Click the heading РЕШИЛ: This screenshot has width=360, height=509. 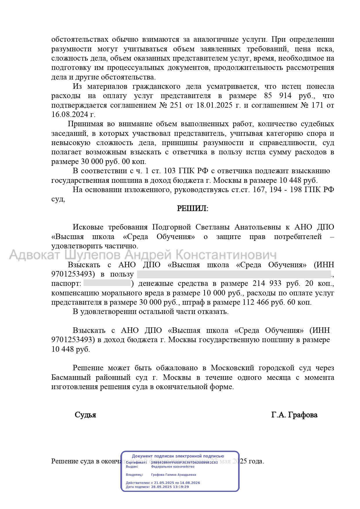192,208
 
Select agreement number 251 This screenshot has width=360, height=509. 171,105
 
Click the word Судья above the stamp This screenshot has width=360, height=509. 85,415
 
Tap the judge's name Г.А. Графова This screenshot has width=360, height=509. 294,415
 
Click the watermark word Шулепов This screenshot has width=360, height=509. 92,255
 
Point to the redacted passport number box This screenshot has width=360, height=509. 107,283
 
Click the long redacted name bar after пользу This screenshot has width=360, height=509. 234,274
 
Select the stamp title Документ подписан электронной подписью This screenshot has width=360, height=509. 178,456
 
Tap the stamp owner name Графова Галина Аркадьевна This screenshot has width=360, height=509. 173,475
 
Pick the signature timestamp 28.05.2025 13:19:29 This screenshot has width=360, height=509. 170,487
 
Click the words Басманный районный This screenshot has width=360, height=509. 91,377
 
